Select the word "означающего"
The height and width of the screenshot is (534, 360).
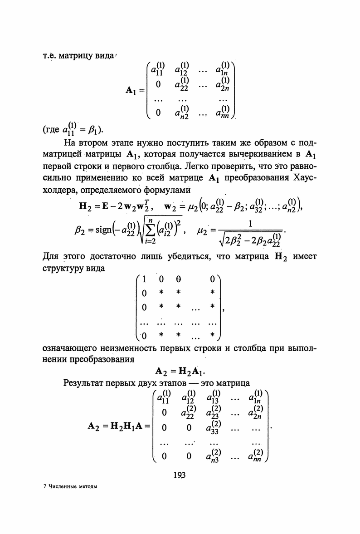coord(70,350)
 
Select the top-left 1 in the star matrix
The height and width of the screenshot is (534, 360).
coord(144,279)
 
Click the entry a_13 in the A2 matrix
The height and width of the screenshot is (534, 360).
coord(213,397)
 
